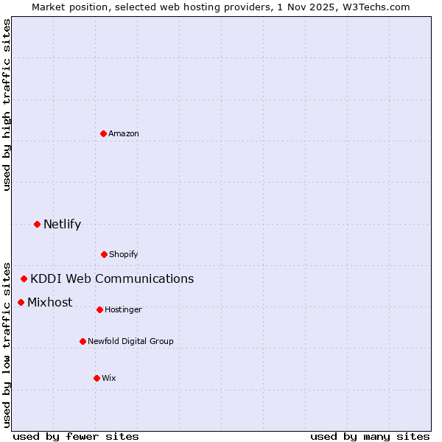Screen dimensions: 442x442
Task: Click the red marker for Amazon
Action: [x=103, y=133]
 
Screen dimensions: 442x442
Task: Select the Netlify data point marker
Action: [x=37, y=224]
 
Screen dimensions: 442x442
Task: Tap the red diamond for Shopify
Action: [x=104, y=254]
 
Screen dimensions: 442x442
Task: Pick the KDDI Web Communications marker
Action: [x=24, y=278]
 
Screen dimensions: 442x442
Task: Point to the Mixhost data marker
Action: [x=21, y=302]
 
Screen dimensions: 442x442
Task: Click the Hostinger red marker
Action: [x=99, y=309]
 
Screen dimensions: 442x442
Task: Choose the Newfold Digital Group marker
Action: [x=83, y=341]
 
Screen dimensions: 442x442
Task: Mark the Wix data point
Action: [x=97, y=378]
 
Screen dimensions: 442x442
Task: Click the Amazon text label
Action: [x=124, y=133]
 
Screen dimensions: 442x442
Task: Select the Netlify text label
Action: [x=62, y=224]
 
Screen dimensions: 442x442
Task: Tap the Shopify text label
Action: [x=124, y=254]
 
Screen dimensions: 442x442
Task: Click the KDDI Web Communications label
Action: [x=112, y=278]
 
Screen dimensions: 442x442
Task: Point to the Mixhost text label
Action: [x=50, y=302]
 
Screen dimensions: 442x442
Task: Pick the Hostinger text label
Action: [x=123, y=309]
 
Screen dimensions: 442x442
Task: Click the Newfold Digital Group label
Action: [x=130, y=341]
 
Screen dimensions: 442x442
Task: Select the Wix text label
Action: [x=109, y=378]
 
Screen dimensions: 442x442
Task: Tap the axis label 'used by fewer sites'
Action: [x=76, y=436]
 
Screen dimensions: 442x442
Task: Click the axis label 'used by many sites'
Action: [x=370, y=436]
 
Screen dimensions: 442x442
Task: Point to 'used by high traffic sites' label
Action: [x=7, y=105]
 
